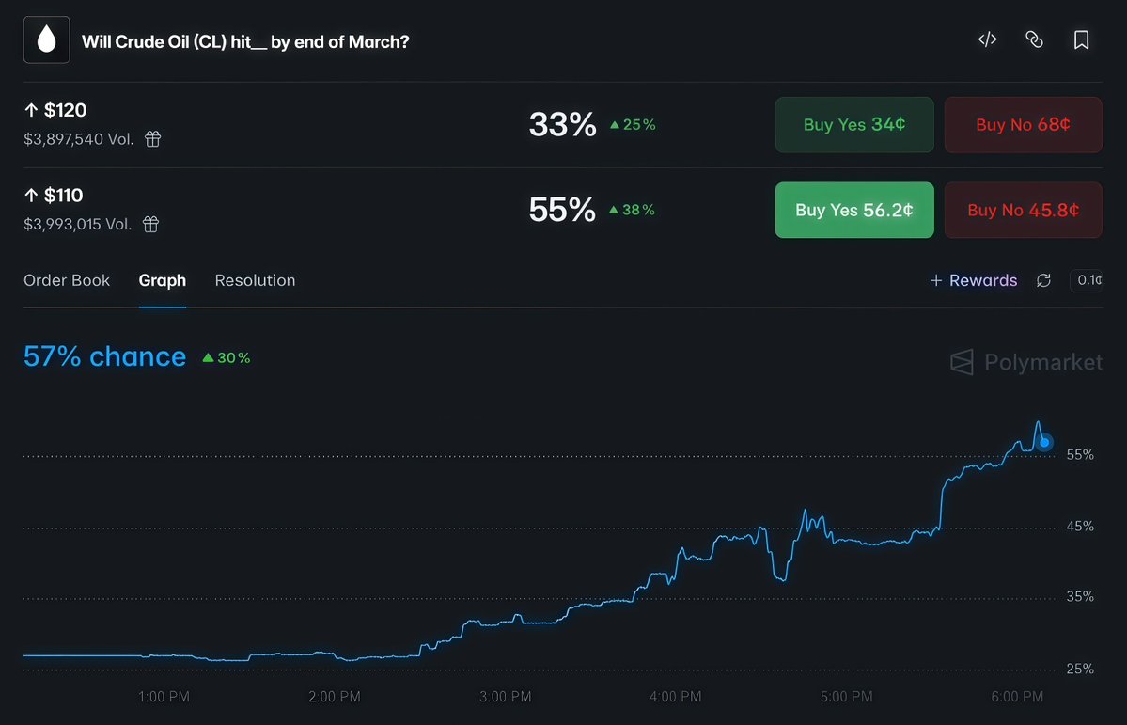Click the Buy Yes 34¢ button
(853, 124)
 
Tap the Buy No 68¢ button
(1023, 124)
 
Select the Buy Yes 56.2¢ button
(853, 210)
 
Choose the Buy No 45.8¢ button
(1023, 210)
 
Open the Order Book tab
(67, 280)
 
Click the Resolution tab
(255, 280)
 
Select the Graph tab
(162, 280)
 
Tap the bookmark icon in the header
(1081, 40)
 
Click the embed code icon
(987, 39)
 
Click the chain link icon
(1034, 39)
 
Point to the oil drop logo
(46, 39)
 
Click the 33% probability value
(562, 124)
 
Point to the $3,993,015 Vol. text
(78, 224)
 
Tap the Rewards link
(974, 280)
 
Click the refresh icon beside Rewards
(1043, 280)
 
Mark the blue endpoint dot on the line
(1044, 442)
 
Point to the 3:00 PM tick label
(506, 697)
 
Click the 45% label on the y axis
(1080, 526)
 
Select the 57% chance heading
(104, 356)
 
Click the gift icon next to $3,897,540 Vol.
(152, 139)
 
